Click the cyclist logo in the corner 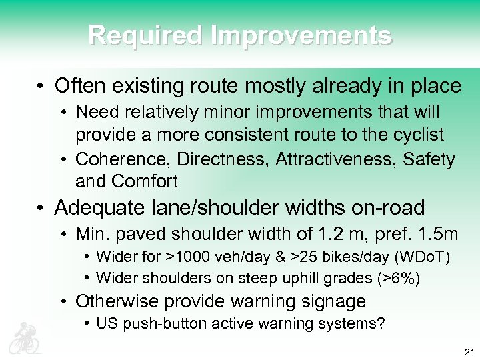coord(25,337)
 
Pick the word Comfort coord(145,181)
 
